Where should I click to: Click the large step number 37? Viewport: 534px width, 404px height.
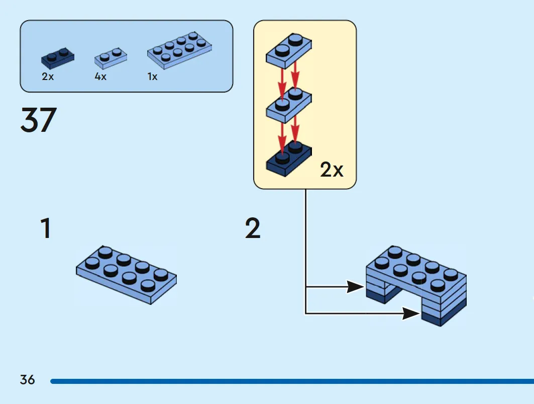pyautogui.click(x=39, y=120)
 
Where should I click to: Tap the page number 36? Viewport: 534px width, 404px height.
pyautogui.click(x=27, y=380)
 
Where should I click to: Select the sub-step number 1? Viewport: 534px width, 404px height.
pyautogui.click(x=46, y=228)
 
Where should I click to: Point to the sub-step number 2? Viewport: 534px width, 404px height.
pyautogui.click(x=253, y=228)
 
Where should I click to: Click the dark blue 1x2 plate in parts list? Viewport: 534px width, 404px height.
pyautogui.click(x=58, y=59)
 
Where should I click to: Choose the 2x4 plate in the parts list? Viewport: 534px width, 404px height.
pyautogui.click(x=179, y=50)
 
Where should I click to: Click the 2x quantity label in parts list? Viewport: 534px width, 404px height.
pyautogui.click(x=48, y=76)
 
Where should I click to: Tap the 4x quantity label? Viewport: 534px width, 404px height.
pyautogui.click(x=100, y=76)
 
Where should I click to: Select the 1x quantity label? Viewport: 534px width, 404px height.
pyautogui.click(x=152, y=76)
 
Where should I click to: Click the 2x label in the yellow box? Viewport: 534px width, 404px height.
pyautogui.click(x=332, y=170)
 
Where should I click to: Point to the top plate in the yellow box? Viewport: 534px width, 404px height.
pyautogui.click(x=289, y=50)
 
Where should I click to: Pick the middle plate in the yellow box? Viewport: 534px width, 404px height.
pyautogui.click(x=289, y=105)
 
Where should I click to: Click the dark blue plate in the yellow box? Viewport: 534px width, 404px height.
pyautogui.click(x=289, y=159)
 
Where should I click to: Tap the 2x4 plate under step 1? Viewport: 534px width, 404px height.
pyautogui.click(x=127, y=275)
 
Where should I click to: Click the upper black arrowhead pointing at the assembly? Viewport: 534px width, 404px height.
pyautogui.click(x=355, y=287)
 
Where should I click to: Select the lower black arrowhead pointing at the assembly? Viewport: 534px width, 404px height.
pyautogui.click(x=411, y=313)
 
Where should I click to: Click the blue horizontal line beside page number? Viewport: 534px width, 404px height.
pyautogui.click(x=292, y=381)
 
